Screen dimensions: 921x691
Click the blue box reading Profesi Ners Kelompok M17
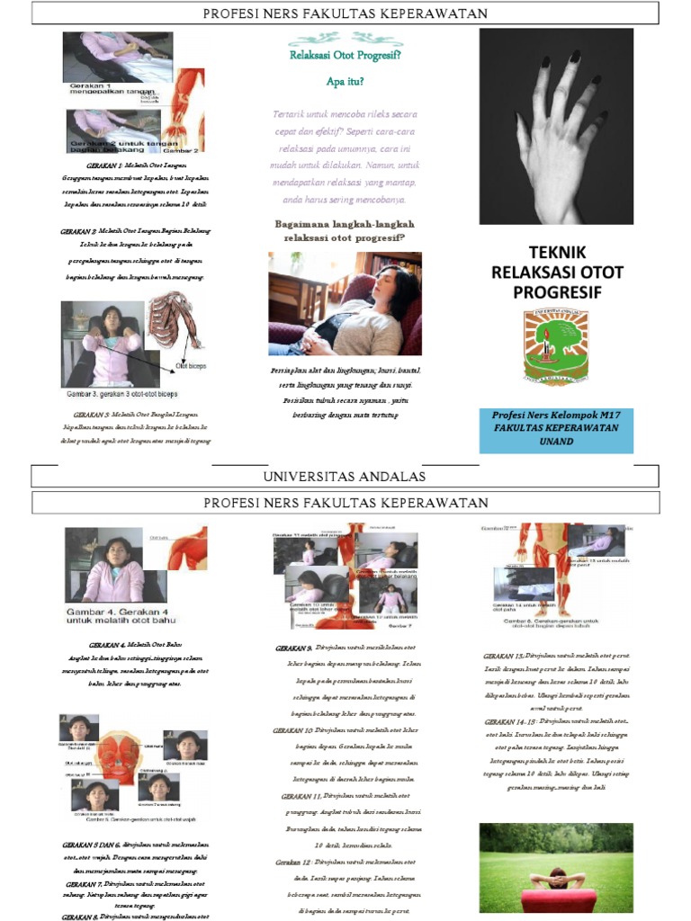[x=556, y=429]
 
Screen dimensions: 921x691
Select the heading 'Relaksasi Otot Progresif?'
[x=345, y=55]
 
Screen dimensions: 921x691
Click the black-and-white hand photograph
[x=556, y=126]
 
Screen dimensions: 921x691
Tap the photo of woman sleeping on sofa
[x=345, y=303]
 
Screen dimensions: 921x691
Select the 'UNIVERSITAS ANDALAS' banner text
[x=345, y=476]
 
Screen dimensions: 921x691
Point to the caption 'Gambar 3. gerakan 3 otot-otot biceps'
[x=121, y=394]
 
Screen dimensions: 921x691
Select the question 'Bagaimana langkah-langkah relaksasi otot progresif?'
[x=345, y=231]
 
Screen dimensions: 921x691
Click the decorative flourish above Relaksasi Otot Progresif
[x=345, y=39]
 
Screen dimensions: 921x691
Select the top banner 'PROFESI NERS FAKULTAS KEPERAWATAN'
[x=345, y=13]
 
